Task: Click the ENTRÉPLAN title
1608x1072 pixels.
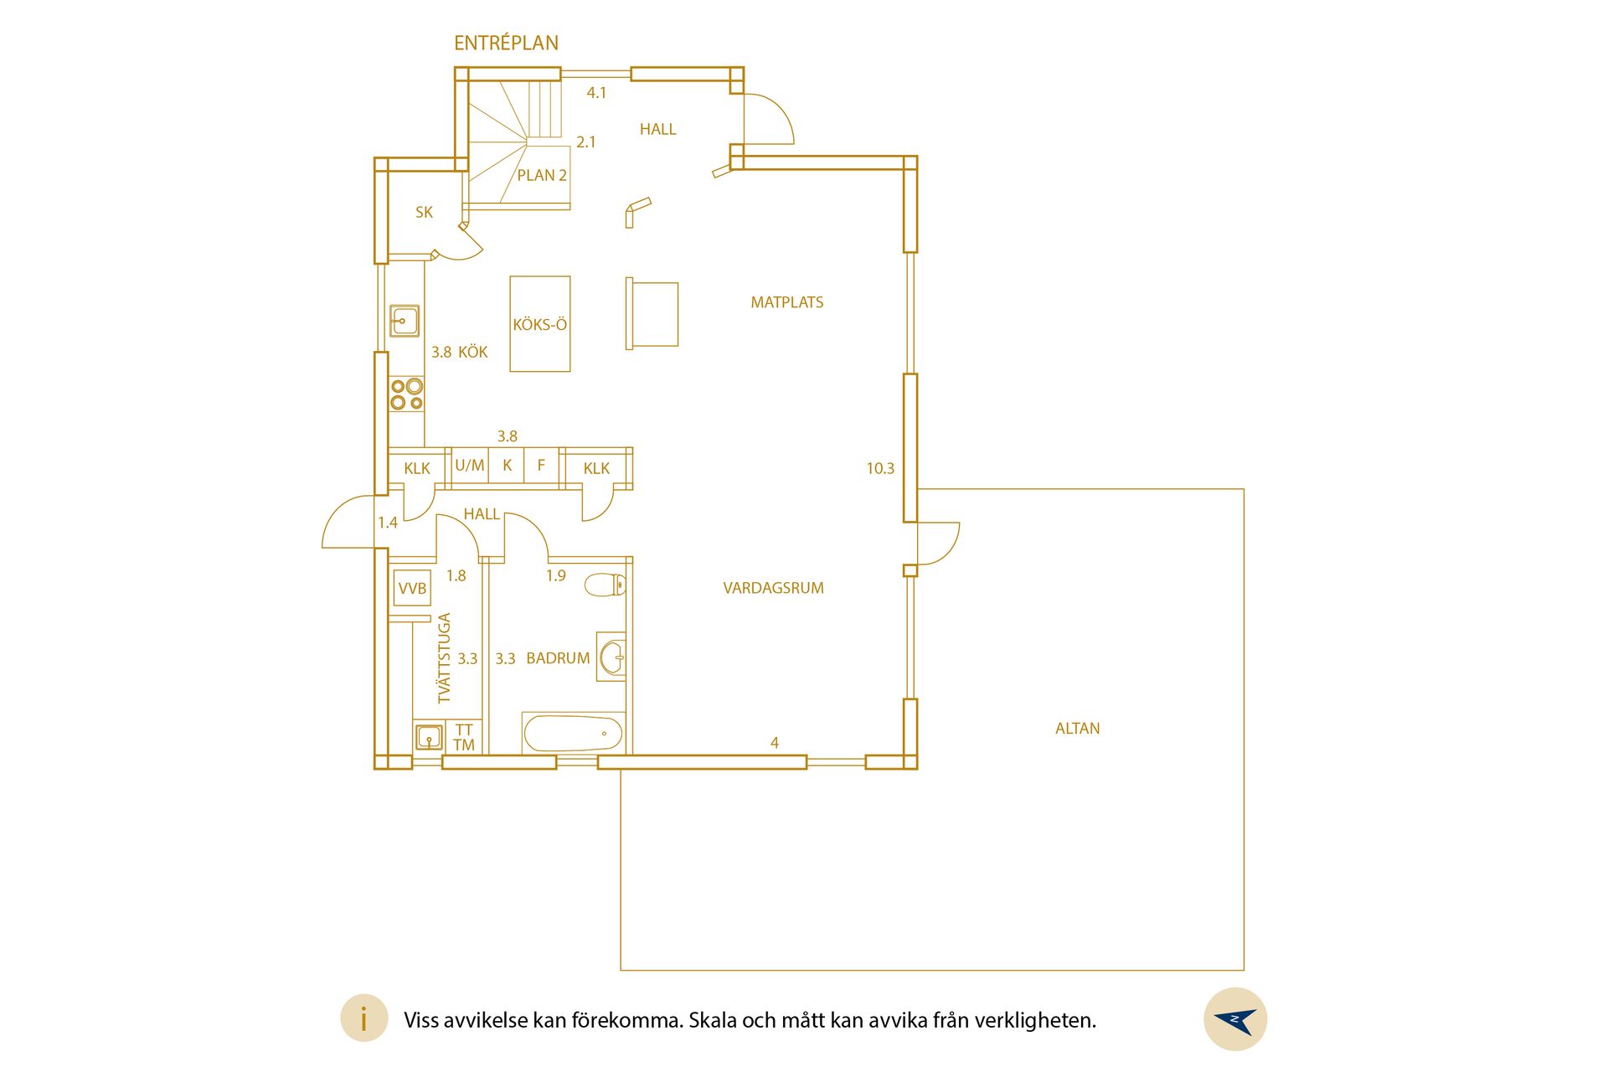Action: click(x=506, y=43)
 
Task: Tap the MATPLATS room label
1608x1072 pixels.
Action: click(x=786, y=302)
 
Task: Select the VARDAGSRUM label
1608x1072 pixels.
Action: click(x=773, y=588)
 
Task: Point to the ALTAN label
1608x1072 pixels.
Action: click(x=1077, y=729)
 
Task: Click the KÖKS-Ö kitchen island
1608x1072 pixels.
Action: click(x=540, y=324)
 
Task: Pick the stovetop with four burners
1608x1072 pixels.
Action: click(x=406, y=394)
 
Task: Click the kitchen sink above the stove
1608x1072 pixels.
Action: click(x=405, y=321)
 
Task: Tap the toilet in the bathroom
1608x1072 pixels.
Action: click(x=605, y=585)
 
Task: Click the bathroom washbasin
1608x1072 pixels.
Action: click(x=612, y=657)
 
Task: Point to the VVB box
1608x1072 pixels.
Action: click(x=412, y=588)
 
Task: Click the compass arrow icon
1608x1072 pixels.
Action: click(x=1235, y=1019)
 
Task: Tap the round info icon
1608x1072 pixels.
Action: click(x=363, y=1019)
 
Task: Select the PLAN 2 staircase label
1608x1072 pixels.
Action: click(x=542, y=175)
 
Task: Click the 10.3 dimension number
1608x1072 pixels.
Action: click(x=880, y=469)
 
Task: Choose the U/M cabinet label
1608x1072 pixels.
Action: click(x=470, y=465)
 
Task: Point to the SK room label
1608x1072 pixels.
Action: click(x=425, y=213)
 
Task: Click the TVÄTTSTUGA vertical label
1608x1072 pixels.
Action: click(x=444, y=658)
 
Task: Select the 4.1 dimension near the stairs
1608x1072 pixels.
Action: click(x=596, y=93)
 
